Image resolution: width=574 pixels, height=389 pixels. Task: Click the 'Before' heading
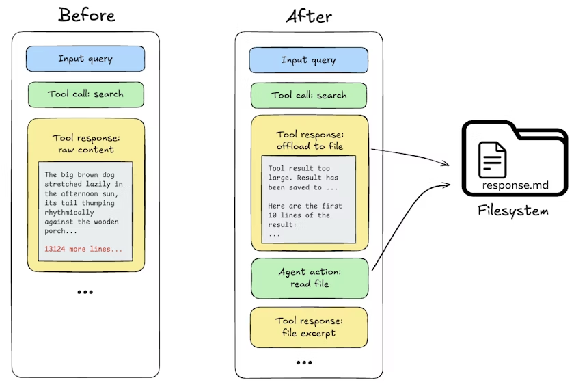click(x=87, y=15)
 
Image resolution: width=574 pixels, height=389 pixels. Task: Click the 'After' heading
click(x=309, y=16)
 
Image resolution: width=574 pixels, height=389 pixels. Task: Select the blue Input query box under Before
click(x=85, y=59)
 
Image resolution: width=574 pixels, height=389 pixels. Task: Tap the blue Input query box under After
click(x=309, y=60)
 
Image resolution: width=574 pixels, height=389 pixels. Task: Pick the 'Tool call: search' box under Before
click(x=85, y=94)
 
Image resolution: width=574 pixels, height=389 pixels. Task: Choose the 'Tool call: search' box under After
click(x=309, y=96)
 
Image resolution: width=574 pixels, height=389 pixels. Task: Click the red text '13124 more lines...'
click(x=83, y=249)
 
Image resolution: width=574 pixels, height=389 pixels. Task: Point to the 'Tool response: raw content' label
click(x=86, y=144)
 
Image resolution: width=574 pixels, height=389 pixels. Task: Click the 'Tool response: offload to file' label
click(x=310, y=140)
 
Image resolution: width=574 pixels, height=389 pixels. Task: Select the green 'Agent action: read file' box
click(x=310, y=278)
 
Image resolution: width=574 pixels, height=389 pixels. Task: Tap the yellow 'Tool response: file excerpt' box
click(x=309, y=327)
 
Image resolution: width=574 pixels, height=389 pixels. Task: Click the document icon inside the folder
click(x=493, y=160)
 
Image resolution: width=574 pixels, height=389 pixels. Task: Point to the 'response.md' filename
click(x=515, y=185)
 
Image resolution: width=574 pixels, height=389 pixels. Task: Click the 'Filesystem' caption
click(x=513, y=211)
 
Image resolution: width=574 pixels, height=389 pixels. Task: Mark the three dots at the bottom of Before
click(x=85, y=292)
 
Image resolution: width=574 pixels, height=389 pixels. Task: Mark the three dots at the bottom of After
click(x=304, y=362)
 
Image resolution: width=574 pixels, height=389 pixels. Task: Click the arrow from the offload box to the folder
click(x=411, y=154)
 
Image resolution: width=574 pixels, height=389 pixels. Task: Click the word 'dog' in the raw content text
click(x=108, y=175)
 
